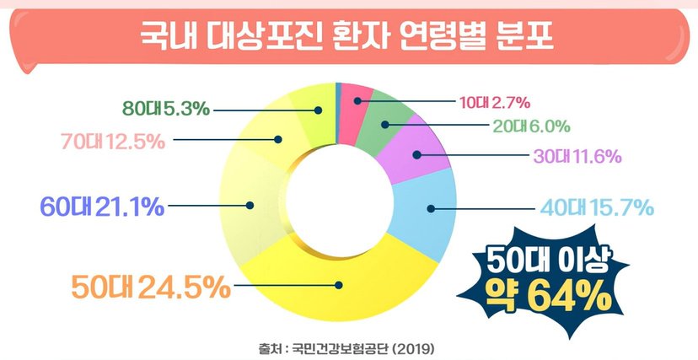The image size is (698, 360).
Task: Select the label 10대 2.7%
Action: [494, 103]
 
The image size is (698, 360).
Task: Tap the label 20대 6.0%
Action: [530, 126]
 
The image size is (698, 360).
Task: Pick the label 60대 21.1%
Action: [102, 205]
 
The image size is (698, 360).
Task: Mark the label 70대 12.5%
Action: [112, 140]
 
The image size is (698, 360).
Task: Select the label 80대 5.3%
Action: [165, 108]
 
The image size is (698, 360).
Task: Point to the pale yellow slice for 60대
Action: [257, 202]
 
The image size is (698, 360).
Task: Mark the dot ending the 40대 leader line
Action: [431, 207]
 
